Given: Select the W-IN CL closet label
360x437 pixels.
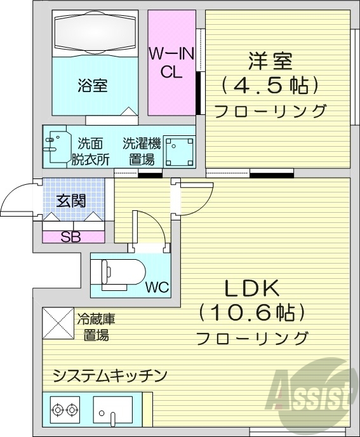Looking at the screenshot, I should (166, 62).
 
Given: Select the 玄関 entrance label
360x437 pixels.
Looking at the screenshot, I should (71, 201).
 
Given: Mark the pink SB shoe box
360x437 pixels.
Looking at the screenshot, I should (74, 237).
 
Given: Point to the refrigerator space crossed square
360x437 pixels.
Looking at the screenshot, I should (58, 324).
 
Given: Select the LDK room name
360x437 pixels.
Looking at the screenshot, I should (252, 289).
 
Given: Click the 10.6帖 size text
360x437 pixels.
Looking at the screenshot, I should (252, 313).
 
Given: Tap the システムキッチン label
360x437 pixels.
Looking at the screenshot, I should (110, 375).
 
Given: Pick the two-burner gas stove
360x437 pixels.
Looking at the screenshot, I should (65, 410).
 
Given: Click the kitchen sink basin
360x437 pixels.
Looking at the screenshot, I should (112, 412).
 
